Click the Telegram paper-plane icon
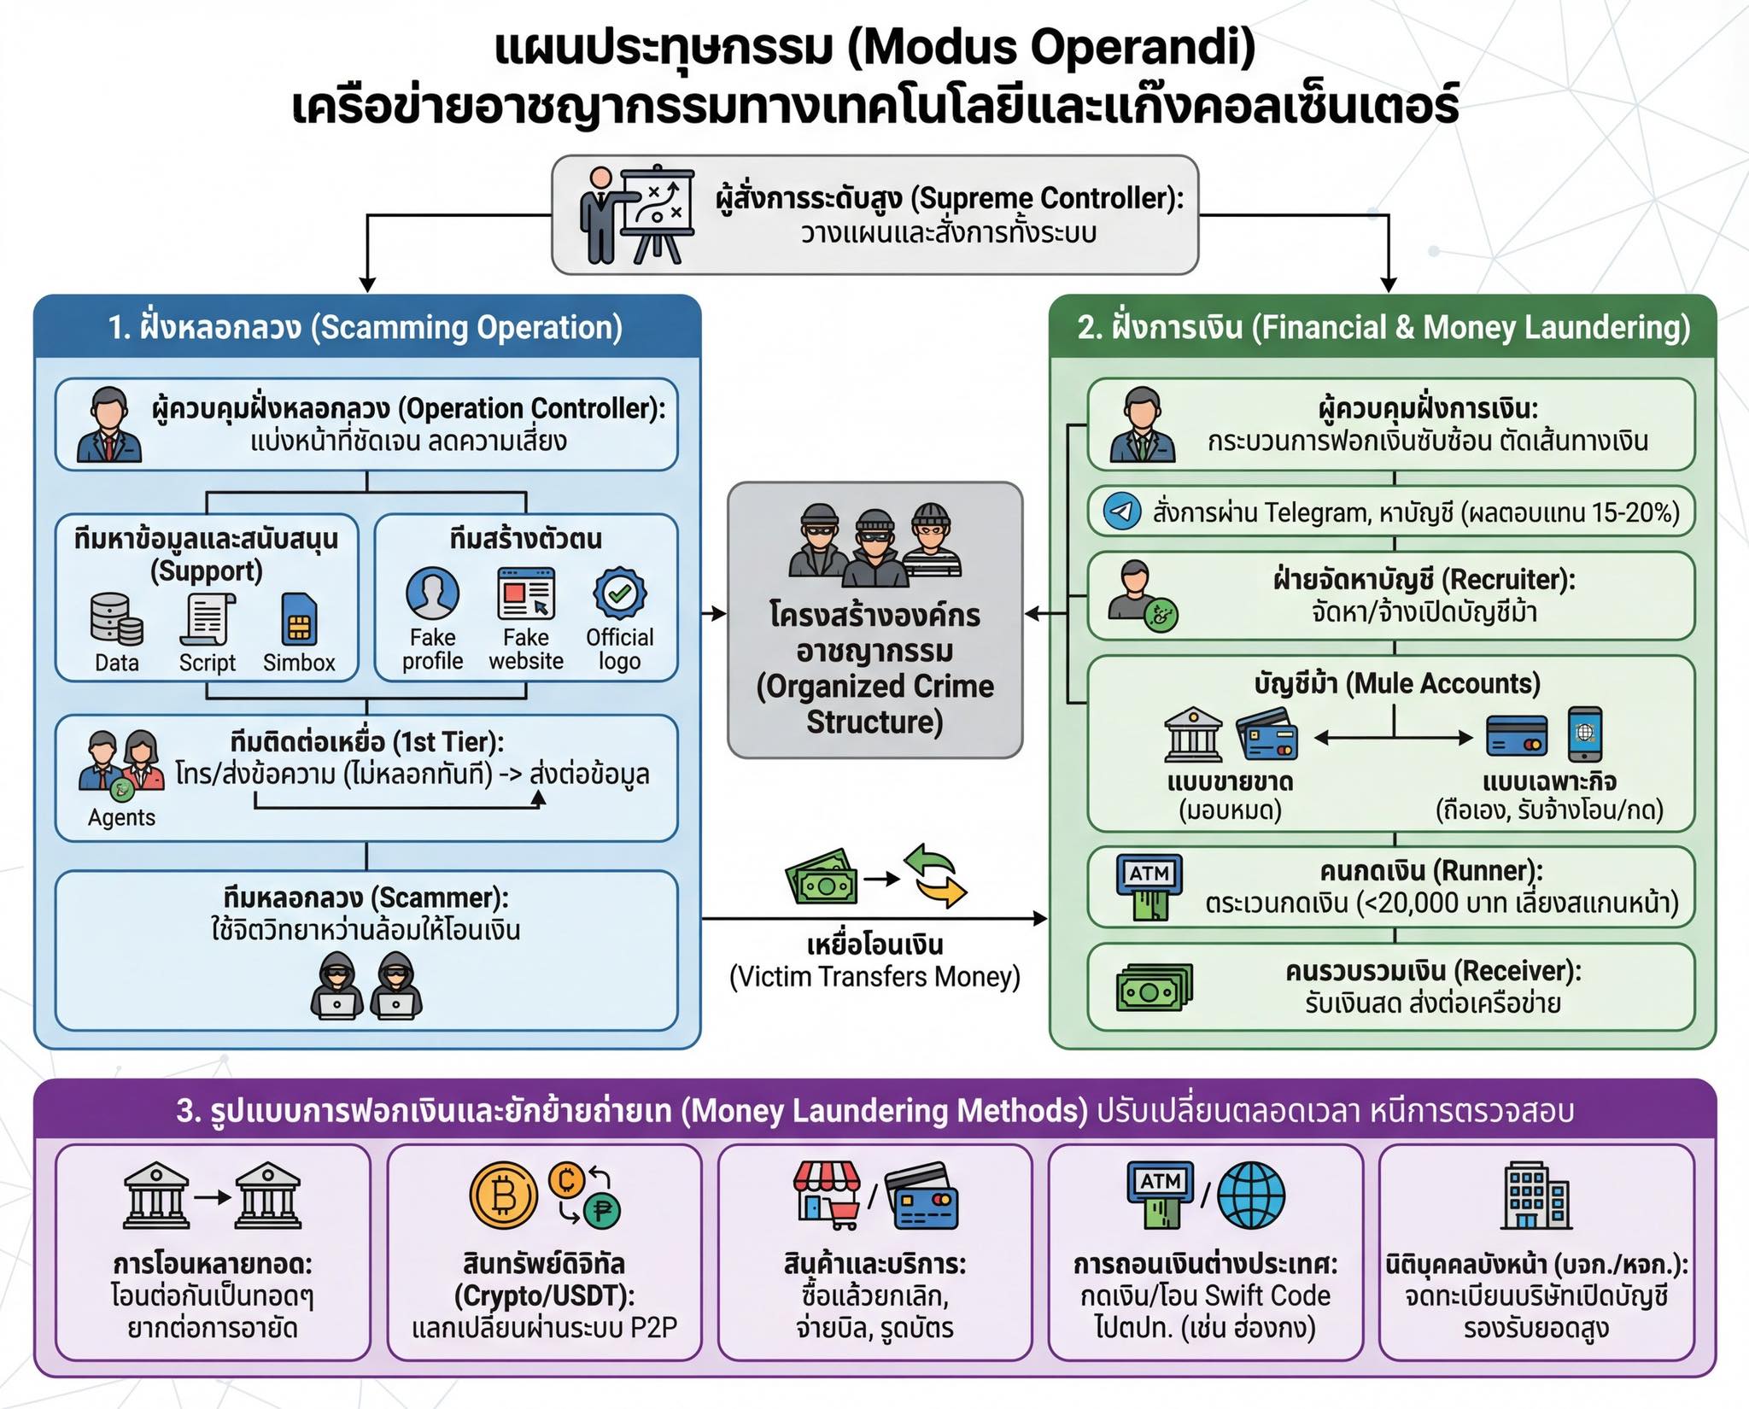click(x=1122, y=512)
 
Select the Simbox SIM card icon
click(x=299, y=619)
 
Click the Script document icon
click(x=207, y=619)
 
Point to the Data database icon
click(x=116, y=619)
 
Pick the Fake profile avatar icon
click(x=432, y=593)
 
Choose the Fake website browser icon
click(x=526, y=593)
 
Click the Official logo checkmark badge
click(x=620, y=593)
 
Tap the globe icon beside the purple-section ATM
click(x=1250, y=1196)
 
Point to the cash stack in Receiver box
click(x=1154, y=987)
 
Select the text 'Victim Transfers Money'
click(x=874, y=977)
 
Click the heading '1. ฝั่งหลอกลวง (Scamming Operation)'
click(x=366, y=328)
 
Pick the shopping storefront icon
click(x=827, y=1194)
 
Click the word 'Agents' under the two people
click(x=121, y=818)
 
